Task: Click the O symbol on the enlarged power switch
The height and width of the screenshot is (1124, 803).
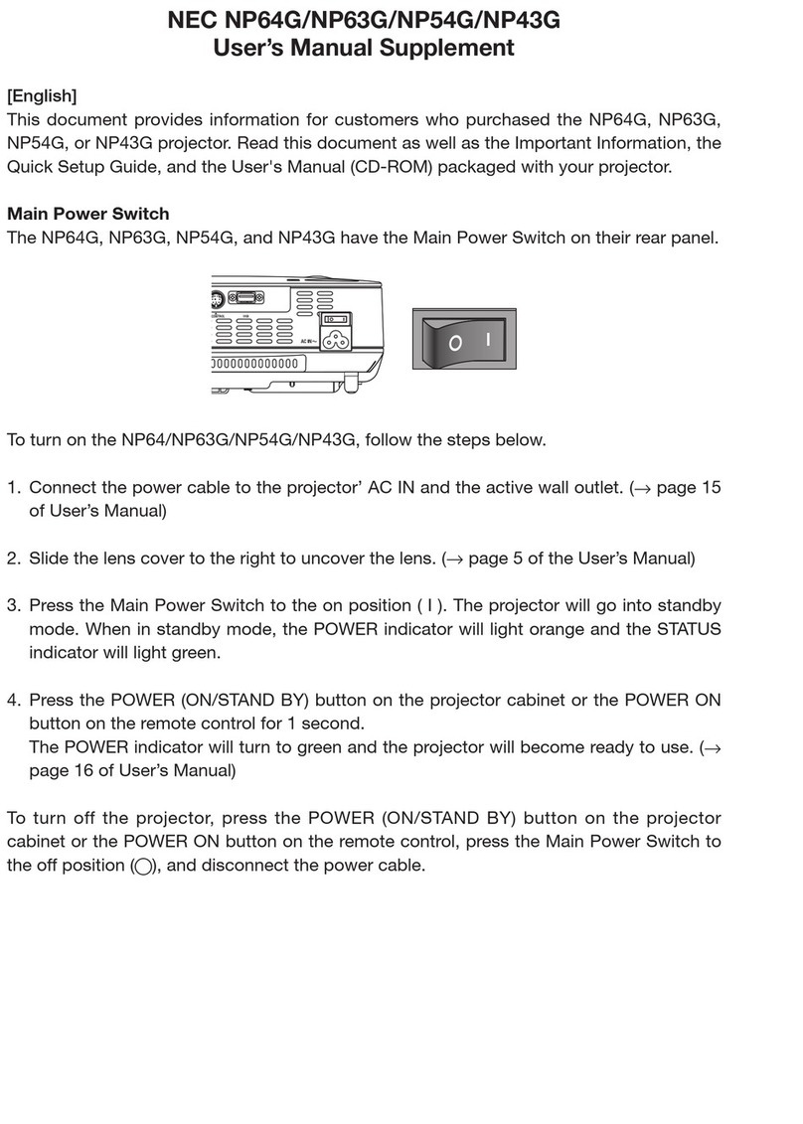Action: point(454,344)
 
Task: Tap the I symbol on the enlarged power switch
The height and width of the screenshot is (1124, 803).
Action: point(487,339)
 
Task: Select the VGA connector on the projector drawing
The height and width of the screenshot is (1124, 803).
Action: point(244,296)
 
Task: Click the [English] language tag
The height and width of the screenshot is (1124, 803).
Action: point(42,96)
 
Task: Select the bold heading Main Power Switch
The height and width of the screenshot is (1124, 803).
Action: point(88,214)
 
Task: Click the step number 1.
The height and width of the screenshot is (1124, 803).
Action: point(14,488)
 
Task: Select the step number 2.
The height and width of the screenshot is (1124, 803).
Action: point(14,559)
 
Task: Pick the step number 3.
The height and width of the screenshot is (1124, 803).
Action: point(14,605)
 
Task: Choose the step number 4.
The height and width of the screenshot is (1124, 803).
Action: point(14,700)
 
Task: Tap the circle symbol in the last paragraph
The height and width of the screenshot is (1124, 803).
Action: point(143,866)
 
